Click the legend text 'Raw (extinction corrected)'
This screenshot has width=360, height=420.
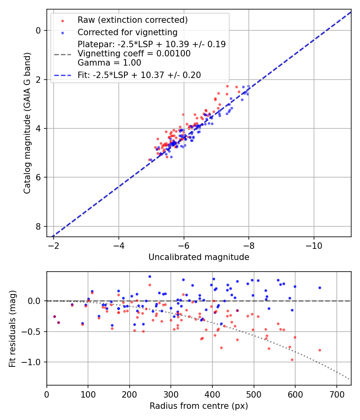pyautogui.click(x=133, y=20)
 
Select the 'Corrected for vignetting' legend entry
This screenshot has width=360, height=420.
pyautogui.click(x=128, y=32)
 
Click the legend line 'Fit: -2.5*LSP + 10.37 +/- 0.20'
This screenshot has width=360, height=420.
pyautogui.click(x=139, y=75)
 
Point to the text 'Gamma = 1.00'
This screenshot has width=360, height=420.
pyautogui.click(x=109, y=63)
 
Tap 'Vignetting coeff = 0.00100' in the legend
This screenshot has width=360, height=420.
pyautogui.click(x=134, y=54)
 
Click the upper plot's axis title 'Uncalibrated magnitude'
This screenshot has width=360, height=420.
pyautogui.click(x=199, y=257)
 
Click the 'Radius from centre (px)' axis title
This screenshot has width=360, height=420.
pyautogui.click(x=199, y=406)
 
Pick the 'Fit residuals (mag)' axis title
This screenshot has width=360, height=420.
pyautogui.click(x=12, y=328)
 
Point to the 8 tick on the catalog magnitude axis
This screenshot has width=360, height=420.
pyautogui.click(x=38, y=226)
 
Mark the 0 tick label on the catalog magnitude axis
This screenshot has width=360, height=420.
pyautogui.click(x=38, y=31)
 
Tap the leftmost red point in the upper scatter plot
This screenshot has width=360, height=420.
pyautogui.click(x=149, y=160)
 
